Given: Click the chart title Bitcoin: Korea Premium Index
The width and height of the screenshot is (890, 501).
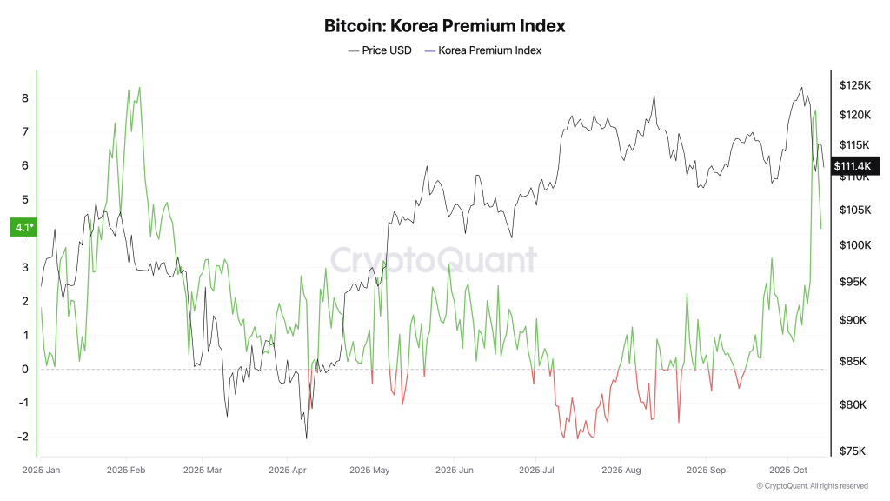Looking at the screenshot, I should tap(444, 26).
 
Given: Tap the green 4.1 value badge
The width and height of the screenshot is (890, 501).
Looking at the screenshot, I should tap(22, 228).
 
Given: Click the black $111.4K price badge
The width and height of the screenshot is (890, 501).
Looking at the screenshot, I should tap(855, 166).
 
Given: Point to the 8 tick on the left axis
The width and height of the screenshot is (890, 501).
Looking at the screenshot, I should tap(25, 98).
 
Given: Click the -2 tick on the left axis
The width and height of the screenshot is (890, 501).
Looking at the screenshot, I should tap(23, 437).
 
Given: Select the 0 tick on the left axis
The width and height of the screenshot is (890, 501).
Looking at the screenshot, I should tap(25, 369).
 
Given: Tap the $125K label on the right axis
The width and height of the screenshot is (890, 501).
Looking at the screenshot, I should tap(855, 85).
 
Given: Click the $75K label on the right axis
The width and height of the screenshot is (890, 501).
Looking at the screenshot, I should tap(853, 451).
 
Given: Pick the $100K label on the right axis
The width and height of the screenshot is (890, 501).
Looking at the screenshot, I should tap(855, 244).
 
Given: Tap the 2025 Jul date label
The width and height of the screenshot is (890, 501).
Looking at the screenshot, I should tap(537, 470).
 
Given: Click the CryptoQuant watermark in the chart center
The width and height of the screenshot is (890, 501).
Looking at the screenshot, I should tap(433, 259).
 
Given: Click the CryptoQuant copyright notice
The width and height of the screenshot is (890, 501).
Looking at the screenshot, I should tap(812, 486).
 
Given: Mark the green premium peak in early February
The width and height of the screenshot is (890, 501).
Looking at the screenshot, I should tap(139, 87).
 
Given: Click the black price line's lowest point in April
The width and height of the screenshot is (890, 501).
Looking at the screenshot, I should tap(306, 438).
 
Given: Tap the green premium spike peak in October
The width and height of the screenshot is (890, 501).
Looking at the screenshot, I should tap(815, 110).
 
